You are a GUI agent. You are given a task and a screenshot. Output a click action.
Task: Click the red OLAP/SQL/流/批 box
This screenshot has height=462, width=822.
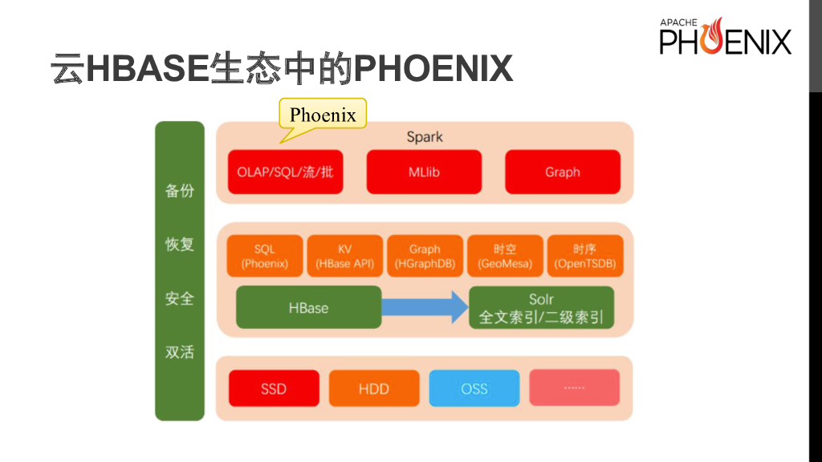(x=285, y=172)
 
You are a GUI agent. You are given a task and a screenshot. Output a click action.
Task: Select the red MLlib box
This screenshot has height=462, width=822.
(x=424, y=172)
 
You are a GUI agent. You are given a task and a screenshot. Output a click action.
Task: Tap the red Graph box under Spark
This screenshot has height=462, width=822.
(x=562, y=172)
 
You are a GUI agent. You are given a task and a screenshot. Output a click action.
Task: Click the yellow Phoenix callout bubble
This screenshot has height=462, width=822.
(x=323, y=115)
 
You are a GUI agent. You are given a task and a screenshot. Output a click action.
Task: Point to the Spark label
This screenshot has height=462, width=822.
(x=425, y=136)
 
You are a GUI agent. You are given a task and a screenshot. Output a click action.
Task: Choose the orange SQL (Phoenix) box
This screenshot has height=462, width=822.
(x=265, y=256)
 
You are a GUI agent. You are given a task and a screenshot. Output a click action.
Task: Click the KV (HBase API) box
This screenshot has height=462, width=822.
(x=344, y=256)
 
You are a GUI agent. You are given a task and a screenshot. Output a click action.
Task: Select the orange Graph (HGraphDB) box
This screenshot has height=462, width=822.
(x=425, y=256)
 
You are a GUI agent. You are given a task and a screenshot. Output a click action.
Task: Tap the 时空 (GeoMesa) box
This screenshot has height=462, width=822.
(x=505, y=256)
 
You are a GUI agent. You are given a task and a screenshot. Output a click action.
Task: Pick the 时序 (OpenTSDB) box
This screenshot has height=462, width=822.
(x=584, y=256)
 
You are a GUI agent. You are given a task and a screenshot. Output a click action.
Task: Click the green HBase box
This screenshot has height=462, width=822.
(x=308, y=307)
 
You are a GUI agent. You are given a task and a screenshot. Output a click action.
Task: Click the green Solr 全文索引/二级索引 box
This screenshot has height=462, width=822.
(x=541, y=307)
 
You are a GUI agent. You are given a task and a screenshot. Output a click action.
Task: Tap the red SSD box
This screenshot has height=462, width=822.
(x=274, y=388)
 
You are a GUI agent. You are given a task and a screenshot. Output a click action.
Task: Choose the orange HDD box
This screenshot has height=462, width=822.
(x=373, y=388)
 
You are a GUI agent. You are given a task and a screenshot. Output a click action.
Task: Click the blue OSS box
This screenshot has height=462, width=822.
(x=474, y=388)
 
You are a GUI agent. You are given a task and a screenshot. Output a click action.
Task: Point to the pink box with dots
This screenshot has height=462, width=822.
(x=574, y=388)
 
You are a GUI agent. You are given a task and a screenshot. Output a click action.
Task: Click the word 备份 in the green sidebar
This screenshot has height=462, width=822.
(x=180, y=191)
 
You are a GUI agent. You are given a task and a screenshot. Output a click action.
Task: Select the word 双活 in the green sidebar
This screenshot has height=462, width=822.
(x=180, y=351)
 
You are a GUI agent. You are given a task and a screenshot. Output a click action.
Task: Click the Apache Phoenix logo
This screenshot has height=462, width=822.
(x=725, y=37)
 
